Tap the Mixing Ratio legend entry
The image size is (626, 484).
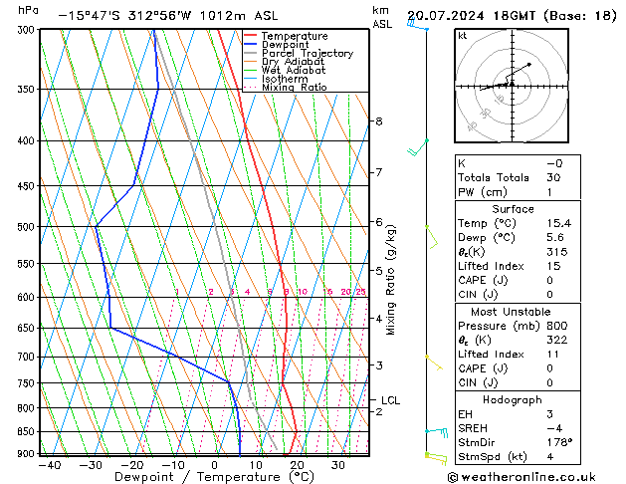pos(294,87)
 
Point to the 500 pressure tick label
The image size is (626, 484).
pos(24,227)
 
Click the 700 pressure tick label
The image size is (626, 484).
pos(24,357)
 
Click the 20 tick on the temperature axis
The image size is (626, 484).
pos(297,465)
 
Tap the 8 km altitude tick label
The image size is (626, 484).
pos(378,121)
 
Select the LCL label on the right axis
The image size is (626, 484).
pos(390,400)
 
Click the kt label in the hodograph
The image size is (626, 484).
pos(462,35)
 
